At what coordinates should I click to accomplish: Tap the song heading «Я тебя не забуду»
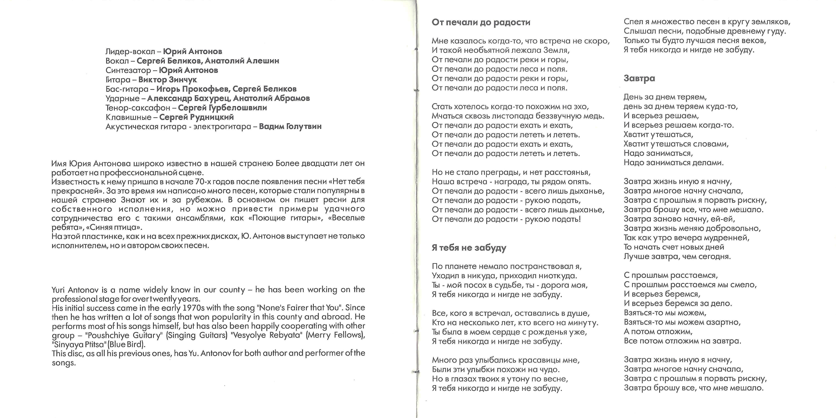pyautogui.click(x=469, y=248)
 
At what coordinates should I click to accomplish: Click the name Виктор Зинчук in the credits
pyautogui.click(x=167, y=80)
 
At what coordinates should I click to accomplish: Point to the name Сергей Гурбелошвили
pyautogui.click(x=222, y=108)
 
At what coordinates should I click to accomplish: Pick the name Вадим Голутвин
pyautogui.click(x=290, y=126)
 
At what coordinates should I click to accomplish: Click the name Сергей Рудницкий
pyautogui.click(x=196, y=117)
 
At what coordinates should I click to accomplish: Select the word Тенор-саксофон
pyautogui.click(x=138, y=108)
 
